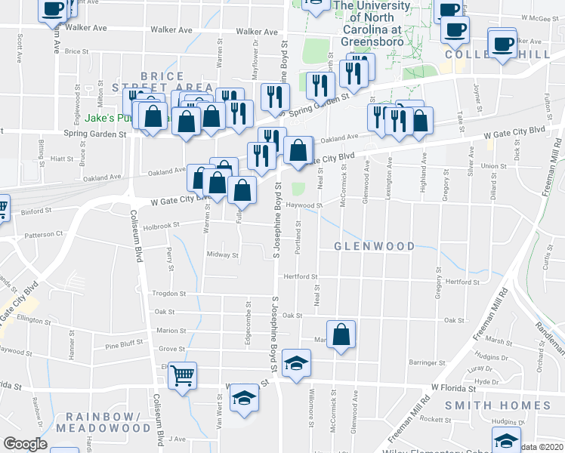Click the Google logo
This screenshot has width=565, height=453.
tap(25, 444)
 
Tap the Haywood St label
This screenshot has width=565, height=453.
tap(304, 205)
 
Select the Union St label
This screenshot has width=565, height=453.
tap(492, 166)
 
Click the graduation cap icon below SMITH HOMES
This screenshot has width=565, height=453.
tap(506, 441)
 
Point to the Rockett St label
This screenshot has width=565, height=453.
tap(436, 419)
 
